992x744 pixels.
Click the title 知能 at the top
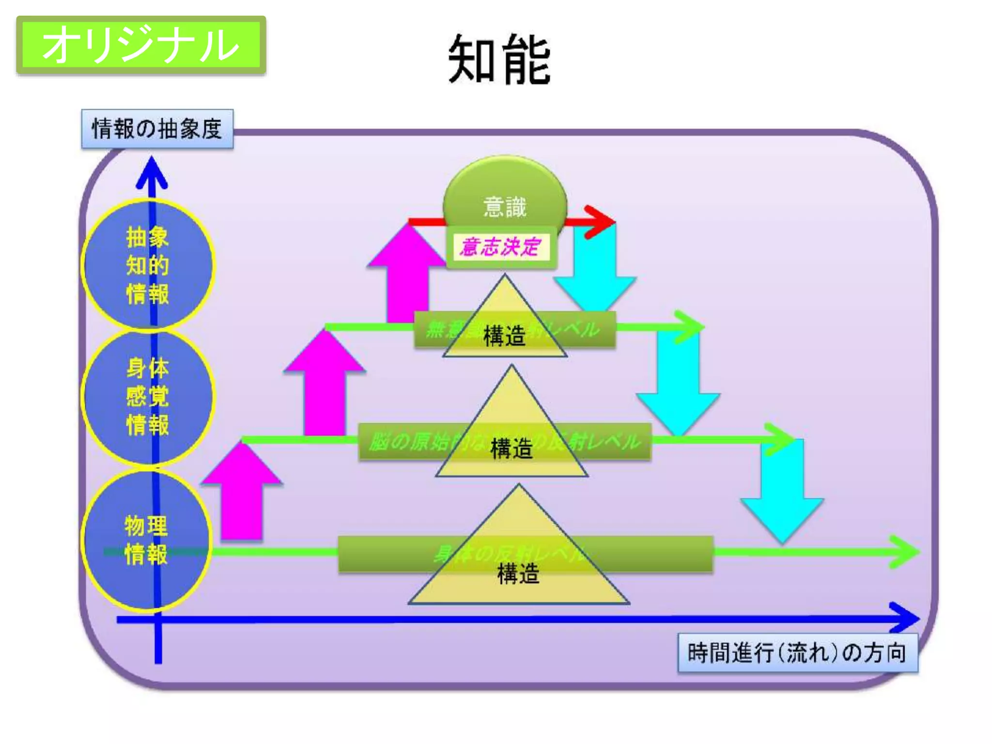(499, 60)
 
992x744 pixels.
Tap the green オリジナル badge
(141, 45)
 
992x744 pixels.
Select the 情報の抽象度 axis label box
(157, 129)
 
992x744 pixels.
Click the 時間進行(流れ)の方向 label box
(797, 652)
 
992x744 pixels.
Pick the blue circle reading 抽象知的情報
(147, 265)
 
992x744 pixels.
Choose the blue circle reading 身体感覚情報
(147, 396)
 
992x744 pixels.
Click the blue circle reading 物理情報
(146, 540)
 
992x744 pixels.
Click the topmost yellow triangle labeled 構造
(505, 325)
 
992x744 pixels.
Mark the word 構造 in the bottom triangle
(518, 574)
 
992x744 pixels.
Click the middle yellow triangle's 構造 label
(511, 448)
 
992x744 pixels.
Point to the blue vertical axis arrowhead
(152, 172)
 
